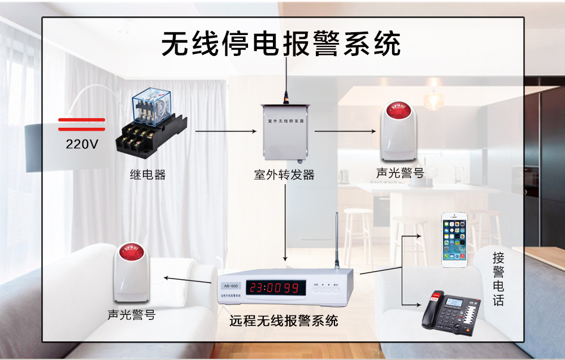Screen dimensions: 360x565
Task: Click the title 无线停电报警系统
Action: pos(281,44)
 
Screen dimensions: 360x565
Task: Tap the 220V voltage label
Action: pos(82,144)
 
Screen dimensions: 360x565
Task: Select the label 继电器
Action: pos(148,175)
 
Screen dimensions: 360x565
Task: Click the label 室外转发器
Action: pos(284,175)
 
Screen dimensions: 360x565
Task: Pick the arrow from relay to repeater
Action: pos(225,131)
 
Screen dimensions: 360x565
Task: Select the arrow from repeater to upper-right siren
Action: pos(345,131)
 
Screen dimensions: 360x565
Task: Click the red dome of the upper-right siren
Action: pos(399,110)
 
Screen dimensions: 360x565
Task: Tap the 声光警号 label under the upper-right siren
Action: pos(400,173)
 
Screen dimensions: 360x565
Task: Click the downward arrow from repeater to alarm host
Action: pos(286,220)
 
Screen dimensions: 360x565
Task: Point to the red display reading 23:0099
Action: pos(275,288)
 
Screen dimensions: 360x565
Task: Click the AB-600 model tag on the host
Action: pos(231,285)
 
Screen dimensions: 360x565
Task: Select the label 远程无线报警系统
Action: pos(284,321)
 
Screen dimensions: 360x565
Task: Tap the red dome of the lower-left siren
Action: pos(132,249)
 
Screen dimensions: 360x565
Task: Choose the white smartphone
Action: pos(455,240)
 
